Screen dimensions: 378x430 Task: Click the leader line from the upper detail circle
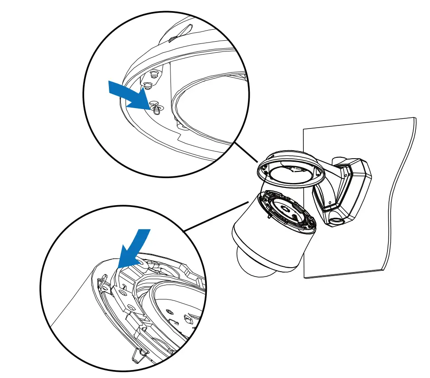(x=245, y=152)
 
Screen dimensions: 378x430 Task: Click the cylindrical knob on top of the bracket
(x=339, y=161)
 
